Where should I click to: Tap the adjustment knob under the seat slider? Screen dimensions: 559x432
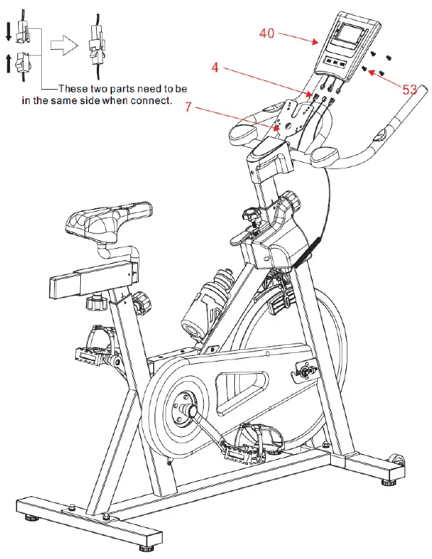(95, 302)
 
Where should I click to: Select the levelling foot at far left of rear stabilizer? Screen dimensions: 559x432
(33, 518)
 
